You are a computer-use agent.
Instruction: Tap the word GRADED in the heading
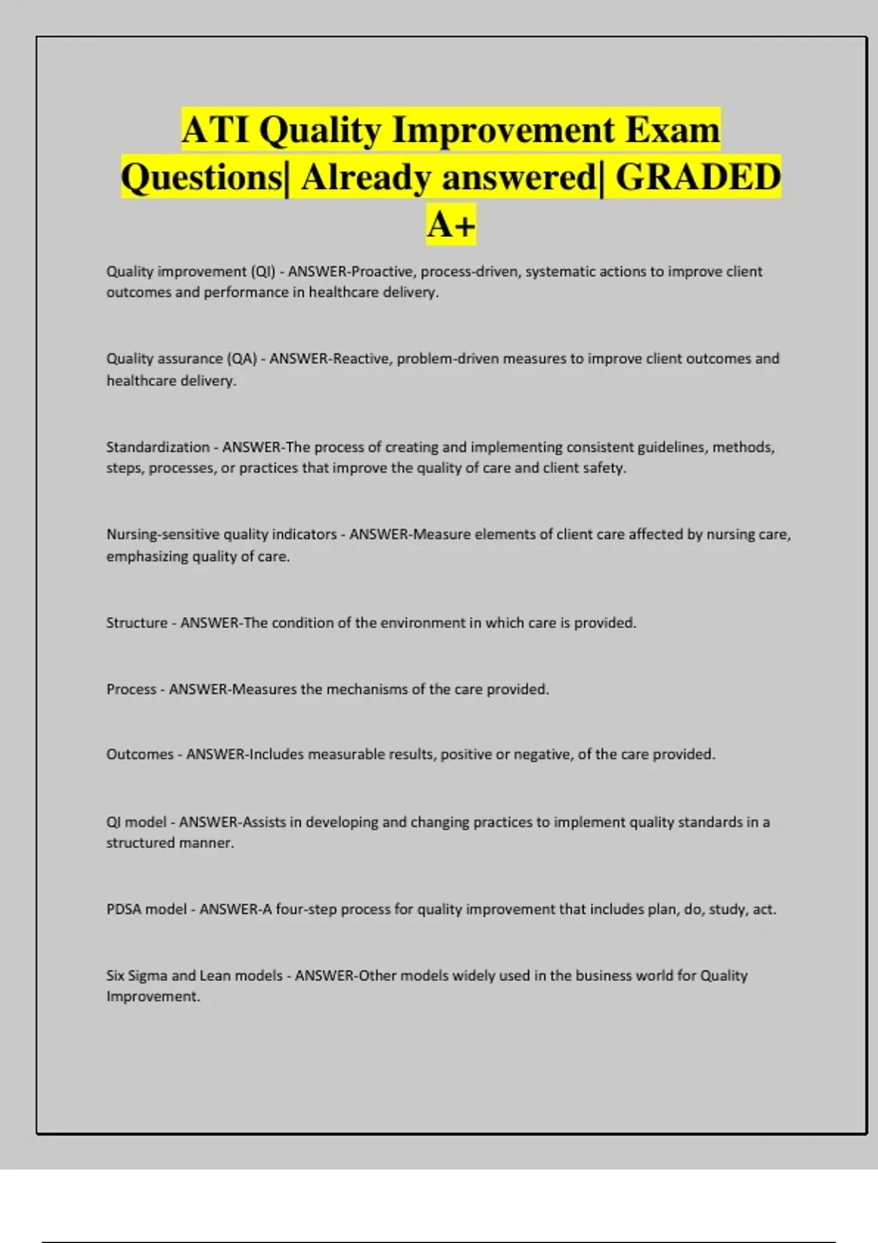tap(698, 178)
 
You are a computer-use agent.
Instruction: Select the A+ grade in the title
tap(451, 224)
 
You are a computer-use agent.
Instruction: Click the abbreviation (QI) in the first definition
tap(263, 272)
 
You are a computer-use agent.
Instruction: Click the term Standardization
tap(157, 447)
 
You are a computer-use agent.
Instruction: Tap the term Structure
tap(137, 623)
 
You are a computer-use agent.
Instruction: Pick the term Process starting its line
tap(131, 689)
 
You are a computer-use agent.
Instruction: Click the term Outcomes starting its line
tap(140, 755)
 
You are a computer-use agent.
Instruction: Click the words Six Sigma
tap(136, 975)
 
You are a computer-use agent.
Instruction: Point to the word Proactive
tap(382, 272)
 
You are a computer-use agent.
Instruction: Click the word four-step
tap(306, 910)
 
